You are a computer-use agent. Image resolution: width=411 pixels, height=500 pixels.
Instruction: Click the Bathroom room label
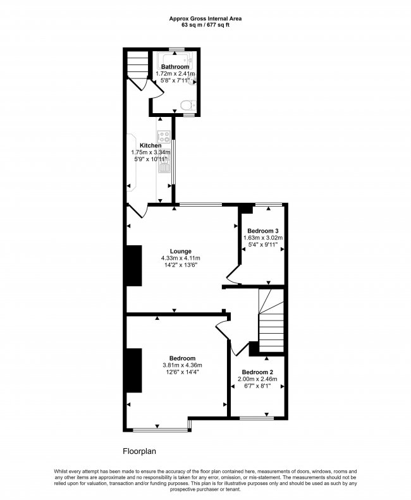(175, 66)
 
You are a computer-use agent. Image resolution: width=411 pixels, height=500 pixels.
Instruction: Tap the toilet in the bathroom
(188, 104)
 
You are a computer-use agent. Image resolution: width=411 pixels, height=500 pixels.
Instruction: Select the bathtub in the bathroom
(176, 59)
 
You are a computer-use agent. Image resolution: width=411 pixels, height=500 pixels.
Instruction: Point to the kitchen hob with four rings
(164, 137)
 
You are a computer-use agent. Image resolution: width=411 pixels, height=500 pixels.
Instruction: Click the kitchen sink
(164, 165)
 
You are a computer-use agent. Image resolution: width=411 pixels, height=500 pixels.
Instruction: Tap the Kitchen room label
(150, 145)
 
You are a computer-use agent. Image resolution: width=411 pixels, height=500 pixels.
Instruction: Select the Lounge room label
(181, 252)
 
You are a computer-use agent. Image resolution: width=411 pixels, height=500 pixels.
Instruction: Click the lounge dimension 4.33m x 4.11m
(181, 258)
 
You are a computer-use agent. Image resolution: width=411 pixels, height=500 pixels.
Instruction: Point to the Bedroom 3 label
(263, 231)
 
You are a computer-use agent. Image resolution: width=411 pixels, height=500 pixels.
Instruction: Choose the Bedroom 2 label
(257, 372)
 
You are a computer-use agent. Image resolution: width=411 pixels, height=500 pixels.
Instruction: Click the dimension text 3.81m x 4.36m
(182, 365)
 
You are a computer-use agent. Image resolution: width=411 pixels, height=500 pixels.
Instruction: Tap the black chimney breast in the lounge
(134, 265)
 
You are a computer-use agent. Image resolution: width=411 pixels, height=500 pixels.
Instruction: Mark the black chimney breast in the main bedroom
(134, 370)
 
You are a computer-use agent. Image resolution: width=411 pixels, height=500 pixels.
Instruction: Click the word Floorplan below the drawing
(140, 451)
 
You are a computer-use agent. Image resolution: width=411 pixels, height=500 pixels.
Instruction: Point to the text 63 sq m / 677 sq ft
(205, 25)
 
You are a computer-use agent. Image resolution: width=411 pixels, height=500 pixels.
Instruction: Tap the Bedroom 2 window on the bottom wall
(257, 418)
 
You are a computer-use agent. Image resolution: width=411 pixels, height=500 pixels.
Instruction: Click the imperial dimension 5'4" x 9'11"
(263, 245)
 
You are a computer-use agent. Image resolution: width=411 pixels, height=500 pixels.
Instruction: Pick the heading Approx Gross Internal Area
(205, 19)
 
